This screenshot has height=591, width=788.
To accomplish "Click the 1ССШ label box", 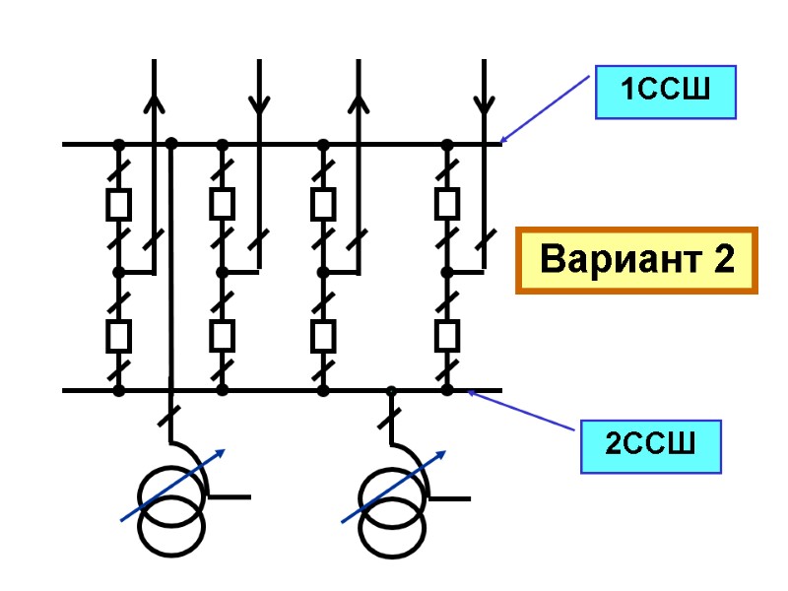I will pyautogui.click(x=666, y=94).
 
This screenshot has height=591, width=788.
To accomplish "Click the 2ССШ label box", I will pyautogui.click(x=650, y=445).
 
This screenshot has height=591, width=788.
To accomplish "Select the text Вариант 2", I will pyautogui.click(x=637, y=261).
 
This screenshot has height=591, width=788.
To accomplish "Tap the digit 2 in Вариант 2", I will pyautogui.click(x=724, y=261).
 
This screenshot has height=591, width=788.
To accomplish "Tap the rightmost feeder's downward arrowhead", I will pyautogui.click(x=484, y=102).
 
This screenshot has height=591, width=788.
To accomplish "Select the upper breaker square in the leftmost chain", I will pyautogui.click(x=119, y=205).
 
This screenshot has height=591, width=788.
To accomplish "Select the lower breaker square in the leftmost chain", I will pyautogui.click(x=119, y=337).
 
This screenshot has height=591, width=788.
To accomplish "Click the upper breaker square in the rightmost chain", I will pyautogui.click(x=447, y=205).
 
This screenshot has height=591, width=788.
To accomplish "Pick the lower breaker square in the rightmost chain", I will pyautogui.click(x=447, y=337).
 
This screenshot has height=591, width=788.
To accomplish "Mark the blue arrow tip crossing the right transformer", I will pyautogui.click(x=442, y=452).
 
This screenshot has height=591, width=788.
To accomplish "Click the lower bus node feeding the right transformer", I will pyautogui.click(x=391, y=391).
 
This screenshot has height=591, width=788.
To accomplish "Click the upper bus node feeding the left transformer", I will pyautogui.click(x=171, y=143).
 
